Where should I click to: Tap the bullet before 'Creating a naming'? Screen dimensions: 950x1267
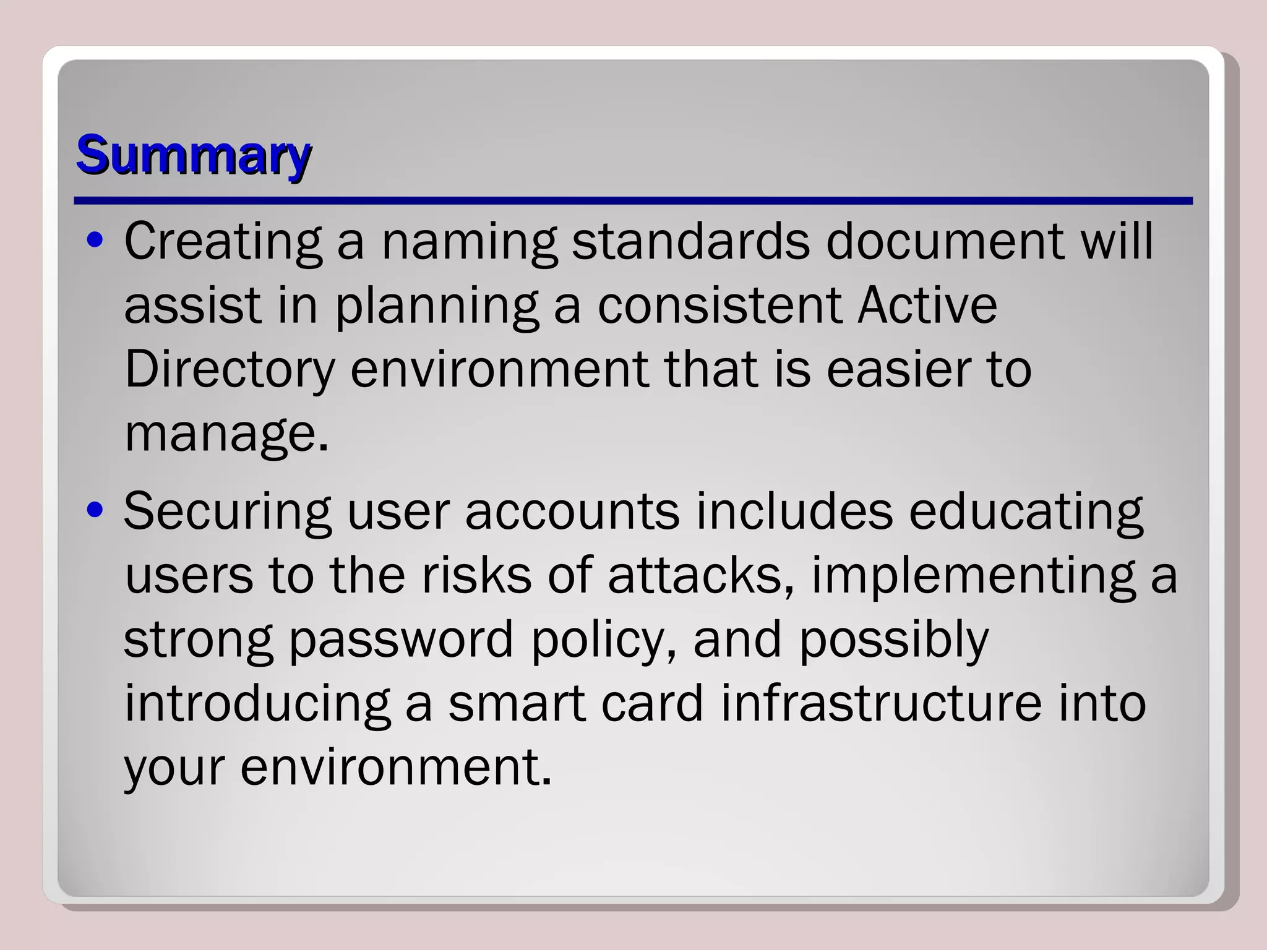click(x=95, y=241)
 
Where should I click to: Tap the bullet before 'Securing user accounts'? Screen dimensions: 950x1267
click(x=95, y=511)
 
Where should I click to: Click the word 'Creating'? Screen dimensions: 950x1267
click(x=223, y=241)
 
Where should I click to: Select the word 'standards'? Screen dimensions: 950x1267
click(x=690, y=241)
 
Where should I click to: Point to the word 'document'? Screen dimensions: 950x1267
click(x=945, y=241)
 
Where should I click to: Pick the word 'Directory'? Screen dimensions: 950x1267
click(x=230, y=369)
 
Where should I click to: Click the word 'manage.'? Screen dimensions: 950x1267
click(x=226, y=435)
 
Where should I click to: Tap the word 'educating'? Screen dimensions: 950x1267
click(x=1026, y=512)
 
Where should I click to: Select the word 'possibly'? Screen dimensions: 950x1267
click(x=894, y=641)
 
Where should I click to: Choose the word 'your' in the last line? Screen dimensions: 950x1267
click(x=174, y=768)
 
